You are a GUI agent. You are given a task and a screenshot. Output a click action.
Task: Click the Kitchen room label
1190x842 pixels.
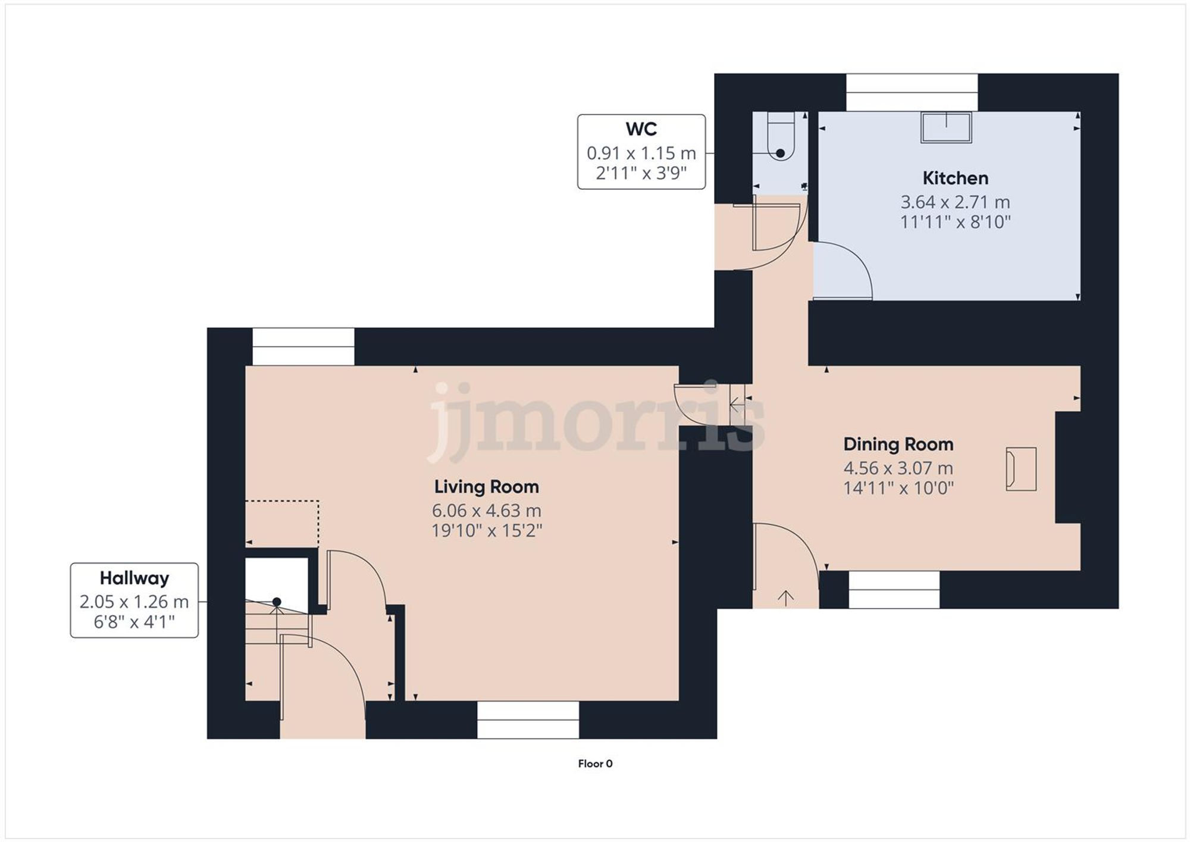tap(955, 178)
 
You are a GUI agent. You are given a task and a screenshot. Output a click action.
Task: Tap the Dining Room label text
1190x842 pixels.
tap(898, 444)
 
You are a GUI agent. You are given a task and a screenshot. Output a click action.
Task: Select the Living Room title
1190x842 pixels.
tap(486, 487)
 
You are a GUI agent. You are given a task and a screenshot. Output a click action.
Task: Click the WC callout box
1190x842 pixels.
tap(641, 152)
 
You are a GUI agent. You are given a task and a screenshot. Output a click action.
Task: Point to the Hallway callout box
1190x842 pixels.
tap(134, 600)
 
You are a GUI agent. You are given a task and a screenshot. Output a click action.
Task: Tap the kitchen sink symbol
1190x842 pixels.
tap(946, 127)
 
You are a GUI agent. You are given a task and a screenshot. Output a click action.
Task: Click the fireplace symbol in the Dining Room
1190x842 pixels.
tap(1020, 469)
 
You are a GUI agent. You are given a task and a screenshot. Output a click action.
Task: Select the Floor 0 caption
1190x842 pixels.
tap(594, 763)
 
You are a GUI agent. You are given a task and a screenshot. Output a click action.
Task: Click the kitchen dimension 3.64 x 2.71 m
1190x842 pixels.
tap(955, 202)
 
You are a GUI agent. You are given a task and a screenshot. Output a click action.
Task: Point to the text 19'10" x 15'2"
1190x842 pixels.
tap(486, 531)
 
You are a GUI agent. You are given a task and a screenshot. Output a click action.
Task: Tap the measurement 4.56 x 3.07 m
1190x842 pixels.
tap(898, 468)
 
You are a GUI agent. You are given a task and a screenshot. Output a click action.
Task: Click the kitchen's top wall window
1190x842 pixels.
tap(912, 92)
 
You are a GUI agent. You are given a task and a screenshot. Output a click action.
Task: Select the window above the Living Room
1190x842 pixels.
tap(303, 347)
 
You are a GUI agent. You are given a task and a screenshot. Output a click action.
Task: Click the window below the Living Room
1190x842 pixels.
tap(528, 720)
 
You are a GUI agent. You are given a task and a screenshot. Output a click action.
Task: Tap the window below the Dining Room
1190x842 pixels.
tap(894, 590)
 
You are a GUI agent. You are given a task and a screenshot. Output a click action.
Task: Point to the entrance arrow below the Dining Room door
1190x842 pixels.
tap(785, 597)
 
